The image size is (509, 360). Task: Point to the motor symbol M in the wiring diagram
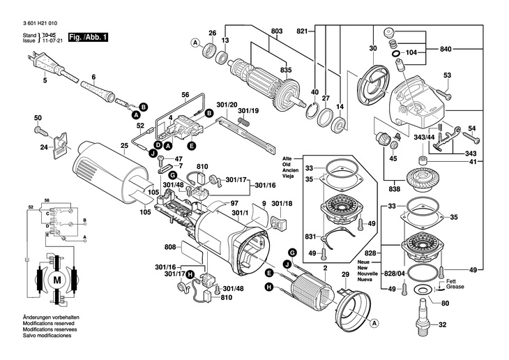click(58, 280)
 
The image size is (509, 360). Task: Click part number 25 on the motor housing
click(125, 146)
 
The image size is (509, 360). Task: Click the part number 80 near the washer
click(446, 302)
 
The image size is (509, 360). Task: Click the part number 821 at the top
click(302, 32)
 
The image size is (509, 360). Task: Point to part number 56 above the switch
click(185, 95)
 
